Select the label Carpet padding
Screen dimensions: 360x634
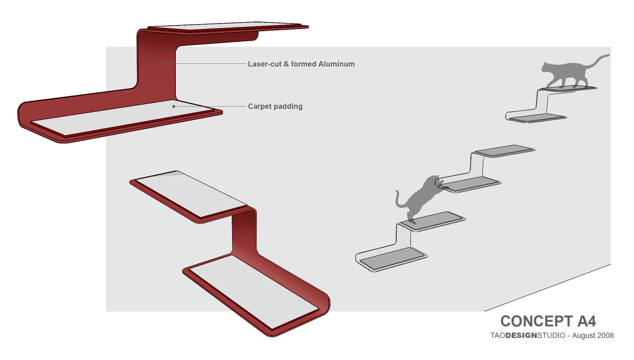click(275, 107)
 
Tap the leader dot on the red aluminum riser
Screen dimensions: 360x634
click(160, 63)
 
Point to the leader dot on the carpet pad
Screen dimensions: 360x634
click(174, 106)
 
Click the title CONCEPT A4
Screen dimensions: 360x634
click(548, 321)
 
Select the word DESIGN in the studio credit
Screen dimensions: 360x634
click(521, 336)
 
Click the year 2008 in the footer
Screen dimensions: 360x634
click(605, 336)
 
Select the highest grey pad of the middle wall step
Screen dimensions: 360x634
click(504, 151)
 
